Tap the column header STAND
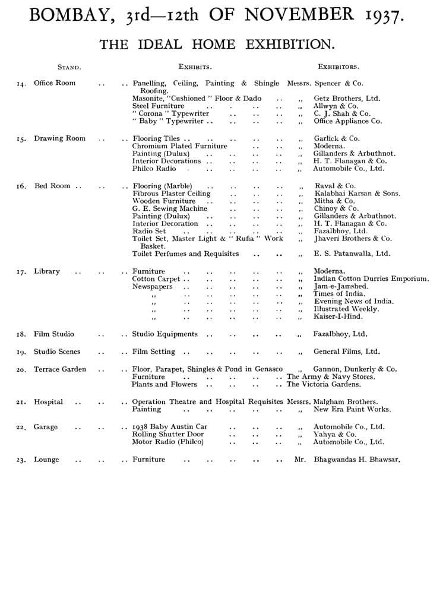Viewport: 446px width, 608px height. tap(69, 66)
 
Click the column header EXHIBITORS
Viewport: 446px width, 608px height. tap(339, 66)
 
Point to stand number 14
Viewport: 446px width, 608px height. tap(21, 84)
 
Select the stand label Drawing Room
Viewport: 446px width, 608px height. tap(59, 138)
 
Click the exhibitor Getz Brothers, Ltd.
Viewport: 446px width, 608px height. tap(347, 99)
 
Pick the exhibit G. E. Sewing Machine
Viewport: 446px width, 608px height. tap(170, 208)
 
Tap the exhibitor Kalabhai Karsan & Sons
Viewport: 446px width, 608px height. tap(357, 194)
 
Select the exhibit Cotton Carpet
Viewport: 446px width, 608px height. tap(156, 278)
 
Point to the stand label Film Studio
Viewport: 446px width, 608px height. tap(54, 334)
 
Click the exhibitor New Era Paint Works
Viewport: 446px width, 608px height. tap(352, 410)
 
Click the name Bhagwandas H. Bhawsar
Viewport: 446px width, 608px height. tap(356, 460)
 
